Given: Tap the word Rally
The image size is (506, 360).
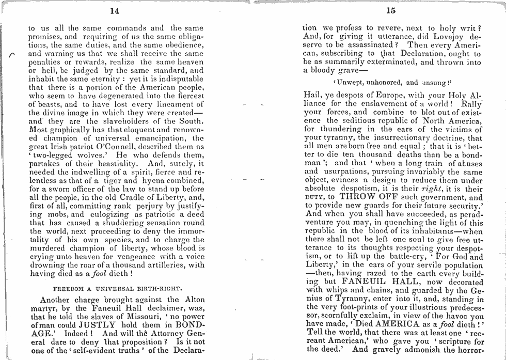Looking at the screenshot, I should pos(470,104).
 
